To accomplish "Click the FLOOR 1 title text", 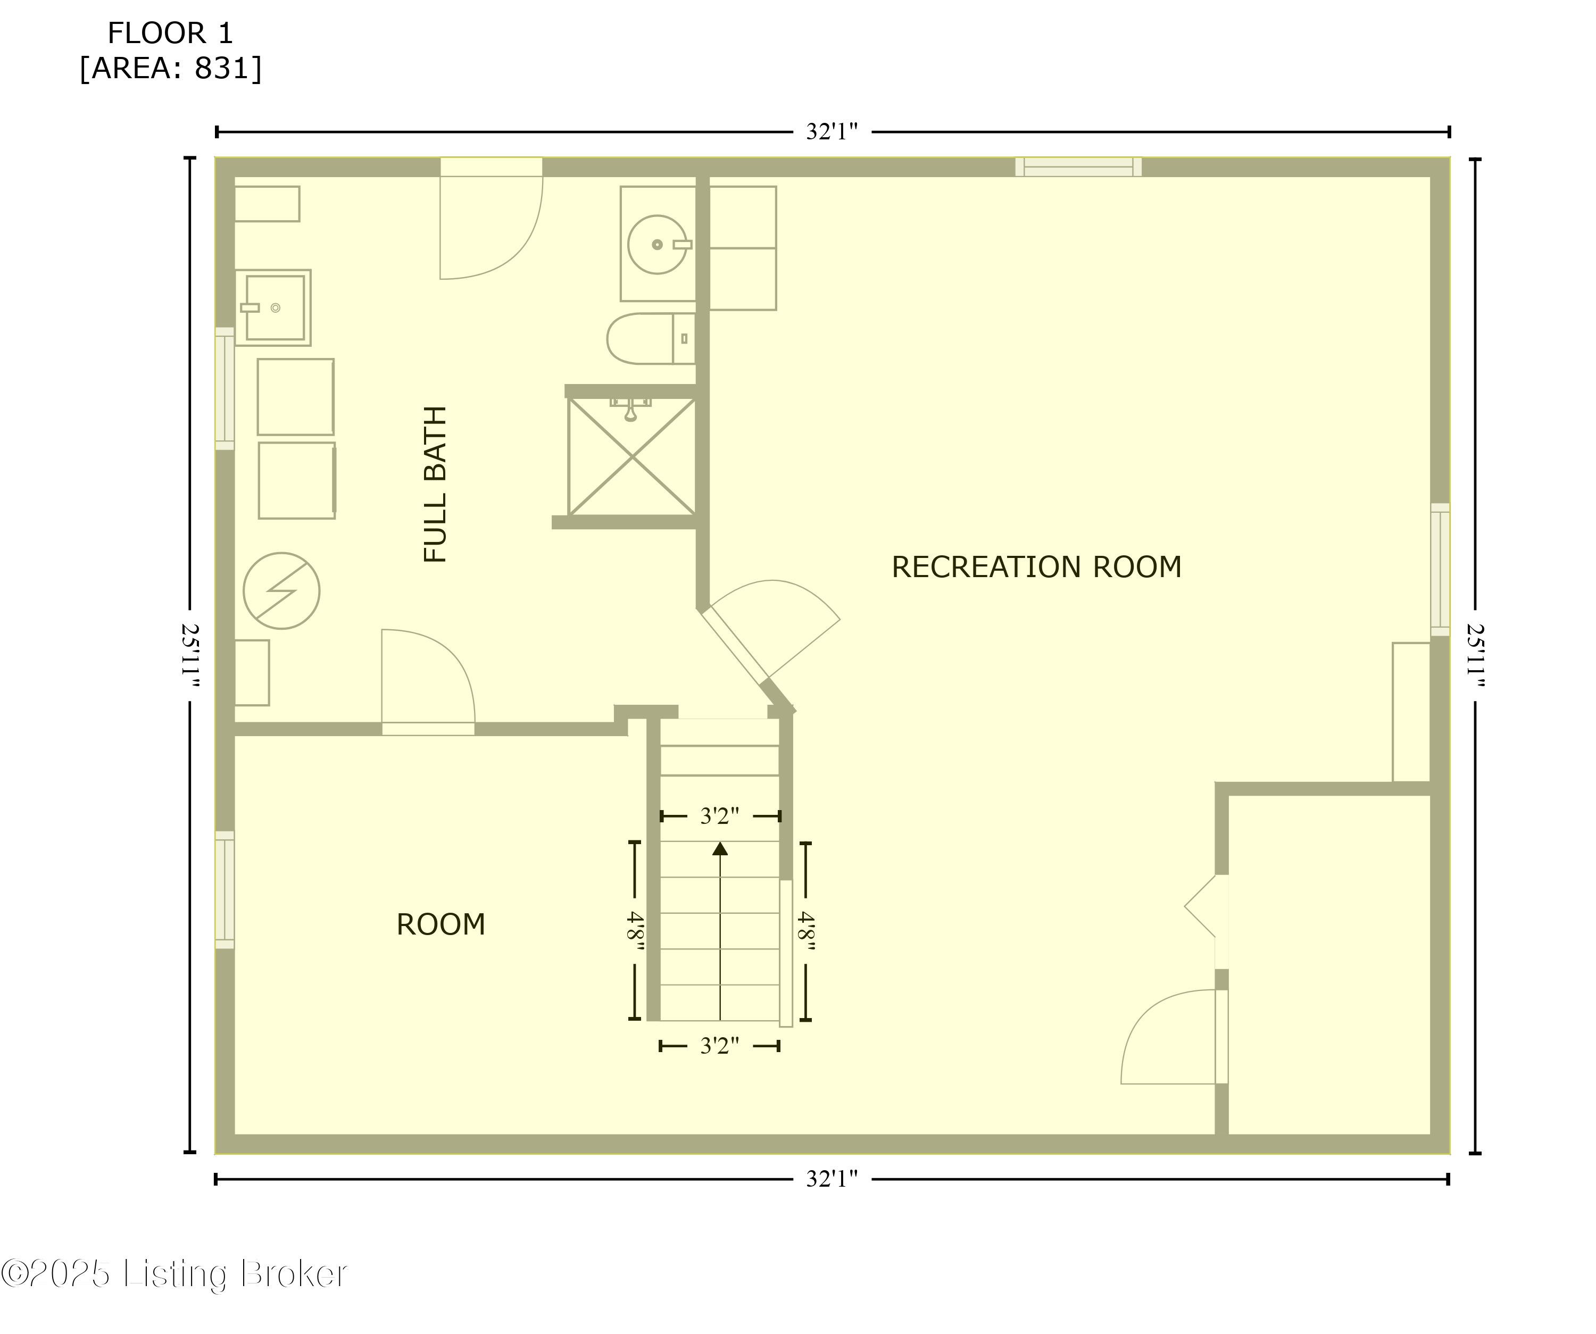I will click(x=170, y=34).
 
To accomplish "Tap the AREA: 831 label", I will click(x=171, y=69).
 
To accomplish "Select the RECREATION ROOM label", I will click(x=1036, y=568).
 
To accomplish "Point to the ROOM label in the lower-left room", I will click(x=441, y=924).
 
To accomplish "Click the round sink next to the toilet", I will click(x=658, y=245).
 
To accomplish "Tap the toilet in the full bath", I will click(x=650, y=339).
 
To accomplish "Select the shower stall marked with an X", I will click(x=631, y=456).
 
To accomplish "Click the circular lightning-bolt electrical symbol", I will click(x=281, y=590).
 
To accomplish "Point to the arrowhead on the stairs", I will click(x=720, y=848).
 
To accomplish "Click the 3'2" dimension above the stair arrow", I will click(x=719, y=816).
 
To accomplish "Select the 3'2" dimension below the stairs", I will click(x=719, y=1046).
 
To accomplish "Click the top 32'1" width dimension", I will click(x=832, y=132).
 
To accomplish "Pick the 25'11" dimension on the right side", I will click(x=1475, y=655).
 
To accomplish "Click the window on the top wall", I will click(x=1078, y=167).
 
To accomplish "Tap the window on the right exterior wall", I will click(x=1440, y=569).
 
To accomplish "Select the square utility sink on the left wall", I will click(x=273, y=307).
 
